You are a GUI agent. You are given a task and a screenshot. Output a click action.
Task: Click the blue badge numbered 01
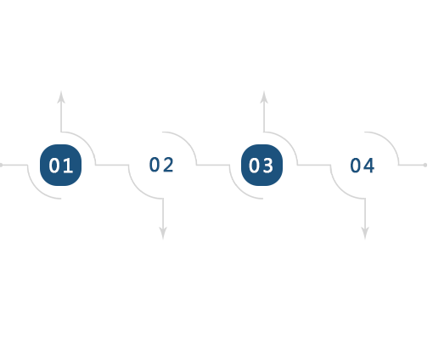click(x=60, y=165)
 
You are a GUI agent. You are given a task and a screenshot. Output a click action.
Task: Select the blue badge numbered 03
click(x=261, y=165)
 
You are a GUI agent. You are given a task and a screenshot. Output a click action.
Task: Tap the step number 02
click(x=161, y=165)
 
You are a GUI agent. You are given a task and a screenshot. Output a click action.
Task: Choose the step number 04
click(x=363, y=166)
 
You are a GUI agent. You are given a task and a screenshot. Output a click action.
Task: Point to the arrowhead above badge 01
click(x=61, y=97)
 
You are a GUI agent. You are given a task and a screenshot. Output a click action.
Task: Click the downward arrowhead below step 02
click(x=163, y=233)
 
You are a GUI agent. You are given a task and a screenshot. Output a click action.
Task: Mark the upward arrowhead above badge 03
click(x=264, y=97)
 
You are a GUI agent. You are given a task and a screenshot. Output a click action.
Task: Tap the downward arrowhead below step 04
click(x=365, y=233)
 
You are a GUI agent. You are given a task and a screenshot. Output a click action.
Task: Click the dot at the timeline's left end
click(x=1, y=165)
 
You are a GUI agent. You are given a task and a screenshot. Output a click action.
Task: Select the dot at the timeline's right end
click(x=425, y=165)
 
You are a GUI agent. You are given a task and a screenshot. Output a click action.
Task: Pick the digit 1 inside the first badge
click(x=68, y=166)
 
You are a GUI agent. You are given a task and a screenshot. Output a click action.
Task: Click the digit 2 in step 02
click(x=168, y=165)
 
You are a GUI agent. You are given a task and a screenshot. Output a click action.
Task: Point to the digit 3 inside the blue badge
click(x=268, y=166)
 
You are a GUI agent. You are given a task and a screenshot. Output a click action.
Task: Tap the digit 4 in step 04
click(x=369, y=166)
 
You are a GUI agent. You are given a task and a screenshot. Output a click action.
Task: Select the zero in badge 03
click(x=255, y=166)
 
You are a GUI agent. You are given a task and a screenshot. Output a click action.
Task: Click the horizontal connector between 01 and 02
click(x=112, y=165)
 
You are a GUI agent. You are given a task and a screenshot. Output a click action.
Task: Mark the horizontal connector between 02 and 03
click(x=213, y=165)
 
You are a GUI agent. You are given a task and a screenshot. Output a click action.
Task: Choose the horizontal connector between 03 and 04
click(x=314, y=165)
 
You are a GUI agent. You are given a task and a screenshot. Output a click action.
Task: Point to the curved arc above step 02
click(x=187, y=142)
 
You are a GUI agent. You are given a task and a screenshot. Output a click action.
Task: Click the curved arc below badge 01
click(x=37, y=188)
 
